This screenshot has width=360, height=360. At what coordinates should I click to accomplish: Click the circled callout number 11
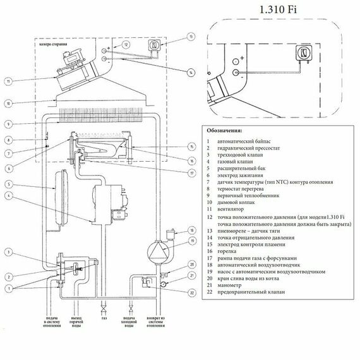click(7, 81)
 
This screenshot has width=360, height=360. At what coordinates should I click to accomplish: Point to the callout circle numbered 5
click(7, 184)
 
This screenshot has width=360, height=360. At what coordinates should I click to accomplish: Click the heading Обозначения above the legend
click(227, 131)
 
